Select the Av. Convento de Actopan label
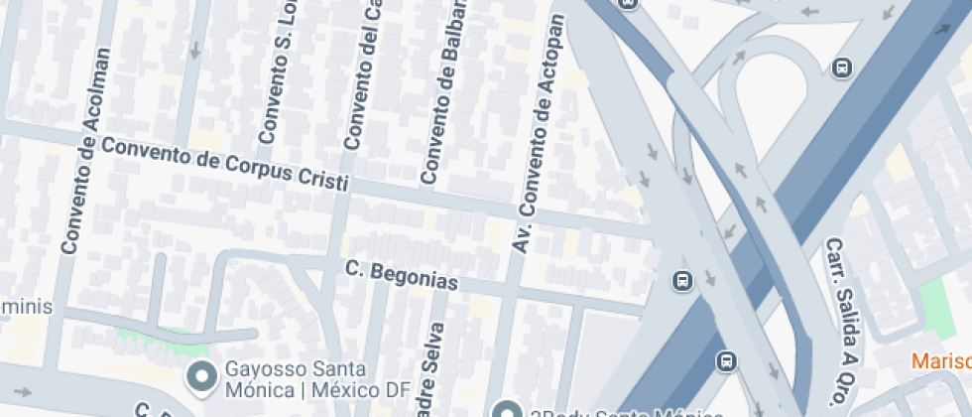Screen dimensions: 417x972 tap(537, 132)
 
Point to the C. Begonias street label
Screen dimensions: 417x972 tap(403, 275)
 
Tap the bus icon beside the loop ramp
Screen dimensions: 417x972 tap(842, 69)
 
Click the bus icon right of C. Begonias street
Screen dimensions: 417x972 tap(682, 281)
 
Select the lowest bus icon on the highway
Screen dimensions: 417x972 tap(727, 359)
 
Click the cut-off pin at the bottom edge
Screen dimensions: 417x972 tap(507, 409)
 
